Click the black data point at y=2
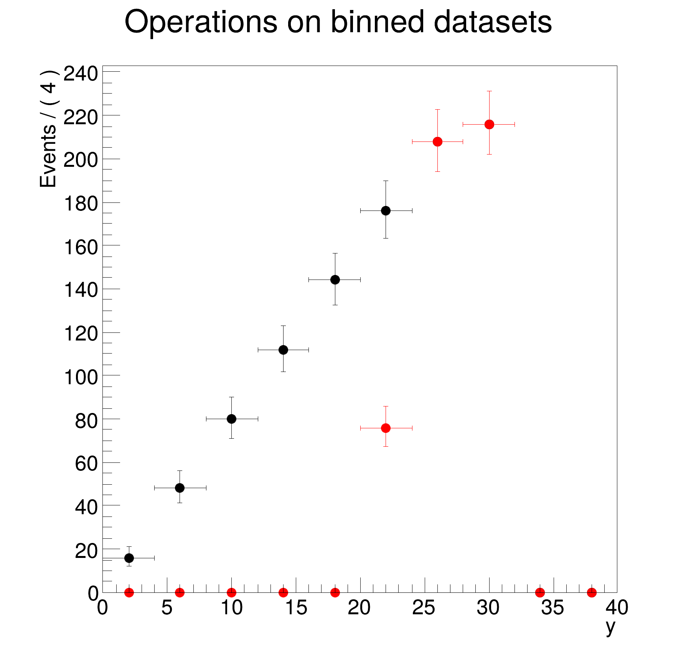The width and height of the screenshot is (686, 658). pos(129,558)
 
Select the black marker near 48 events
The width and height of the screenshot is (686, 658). pos(180,488)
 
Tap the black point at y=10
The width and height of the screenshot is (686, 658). pos(231,419)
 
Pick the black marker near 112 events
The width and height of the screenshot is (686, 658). pos(283,350)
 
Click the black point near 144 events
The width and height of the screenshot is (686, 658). pos(335,280)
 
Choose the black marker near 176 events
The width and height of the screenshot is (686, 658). pos(386,211)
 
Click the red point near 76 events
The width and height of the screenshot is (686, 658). pos(386,428)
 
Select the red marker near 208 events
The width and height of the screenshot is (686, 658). pos(437,141)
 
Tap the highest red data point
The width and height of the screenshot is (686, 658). pos(489,124)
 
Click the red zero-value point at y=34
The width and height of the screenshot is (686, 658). pos(540,592)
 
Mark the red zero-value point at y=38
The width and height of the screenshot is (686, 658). pos(592,592)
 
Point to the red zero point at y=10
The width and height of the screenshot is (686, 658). pos(231,592)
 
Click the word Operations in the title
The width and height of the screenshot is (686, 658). pos(201,22)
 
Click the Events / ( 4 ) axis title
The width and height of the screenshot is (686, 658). pos(49,129)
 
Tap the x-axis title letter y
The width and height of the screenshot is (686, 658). pos(610,627)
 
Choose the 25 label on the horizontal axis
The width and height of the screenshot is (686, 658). pos(424,608)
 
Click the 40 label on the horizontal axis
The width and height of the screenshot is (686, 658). pos(617,608)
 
